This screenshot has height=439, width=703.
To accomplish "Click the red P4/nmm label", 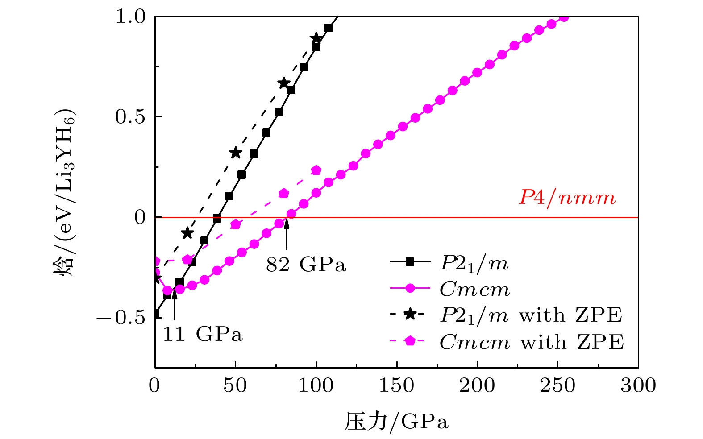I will click(x=567, y=198).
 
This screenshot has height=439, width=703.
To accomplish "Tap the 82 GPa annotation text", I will click(x=306, y=265).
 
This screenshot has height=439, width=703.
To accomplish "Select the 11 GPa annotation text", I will click(x=203, y=334).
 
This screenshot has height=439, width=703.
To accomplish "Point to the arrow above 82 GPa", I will click(x=287, y=235).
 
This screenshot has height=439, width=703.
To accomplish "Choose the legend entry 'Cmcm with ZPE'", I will click(x=506, y=342).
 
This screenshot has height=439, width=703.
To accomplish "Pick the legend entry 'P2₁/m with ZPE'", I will click(x=506, y=315).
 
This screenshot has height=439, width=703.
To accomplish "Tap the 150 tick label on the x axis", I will click(x=396, y=385).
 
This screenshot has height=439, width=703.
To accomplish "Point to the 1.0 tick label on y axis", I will click(x=130, y=17).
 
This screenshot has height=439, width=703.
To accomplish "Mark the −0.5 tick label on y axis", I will click(x=121, y=318).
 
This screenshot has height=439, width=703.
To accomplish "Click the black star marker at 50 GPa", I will click(x=236, y=153).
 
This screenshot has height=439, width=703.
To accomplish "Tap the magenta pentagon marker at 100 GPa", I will click(x=316, y=170).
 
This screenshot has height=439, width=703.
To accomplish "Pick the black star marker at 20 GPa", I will click(x=187, y=233).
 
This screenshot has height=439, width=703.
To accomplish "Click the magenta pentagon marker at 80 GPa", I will click(x=284, y=193).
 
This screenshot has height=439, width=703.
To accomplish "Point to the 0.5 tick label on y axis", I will click(x=130, y=117).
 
